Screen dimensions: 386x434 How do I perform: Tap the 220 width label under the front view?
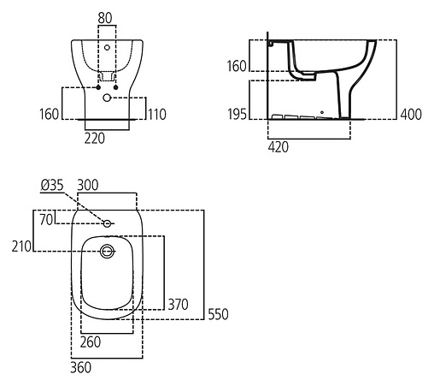95,138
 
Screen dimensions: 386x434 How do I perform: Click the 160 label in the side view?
238,65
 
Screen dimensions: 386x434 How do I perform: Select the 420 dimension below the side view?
279,146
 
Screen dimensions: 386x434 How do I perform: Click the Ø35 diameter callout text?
52,184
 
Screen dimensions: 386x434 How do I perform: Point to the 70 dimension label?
47,220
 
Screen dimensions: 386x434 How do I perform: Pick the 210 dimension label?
21,246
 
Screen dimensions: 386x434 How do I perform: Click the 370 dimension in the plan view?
178,303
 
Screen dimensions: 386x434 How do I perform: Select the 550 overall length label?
219,314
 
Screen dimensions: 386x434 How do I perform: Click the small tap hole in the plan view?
108,223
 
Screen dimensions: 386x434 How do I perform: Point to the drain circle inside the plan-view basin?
108,252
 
